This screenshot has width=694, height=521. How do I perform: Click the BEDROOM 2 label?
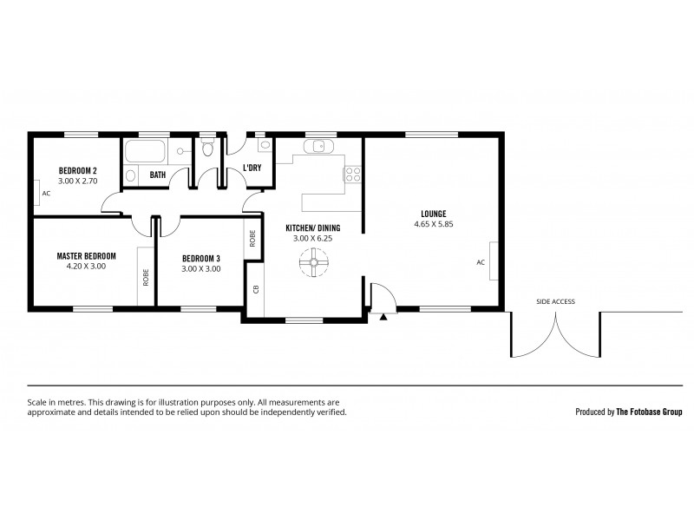[x=77, y=169]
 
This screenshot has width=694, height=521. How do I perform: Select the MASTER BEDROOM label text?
[x=86, y=256]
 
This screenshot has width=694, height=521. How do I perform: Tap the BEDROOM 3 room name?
[x=200, y=258]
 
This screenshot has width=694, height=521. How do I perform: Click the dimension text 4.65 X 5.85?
[x=434, y=224]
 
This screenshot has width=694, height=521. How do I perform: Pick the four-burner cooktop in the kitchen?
[x=353, y=174]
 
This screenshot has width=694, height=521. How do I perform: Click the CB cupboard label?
[x=256, y=289]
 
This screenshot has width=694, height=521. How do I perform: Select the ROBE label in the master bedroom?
[x=145, y=276]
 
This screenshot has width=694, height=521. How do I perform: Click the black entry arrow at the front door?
[x=383, y=318]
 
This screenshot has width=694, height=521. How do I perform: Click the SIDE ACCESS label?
[x=555, y=301]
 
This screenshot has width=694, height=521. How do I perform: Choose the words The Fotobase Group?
[x=650, y=412]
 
